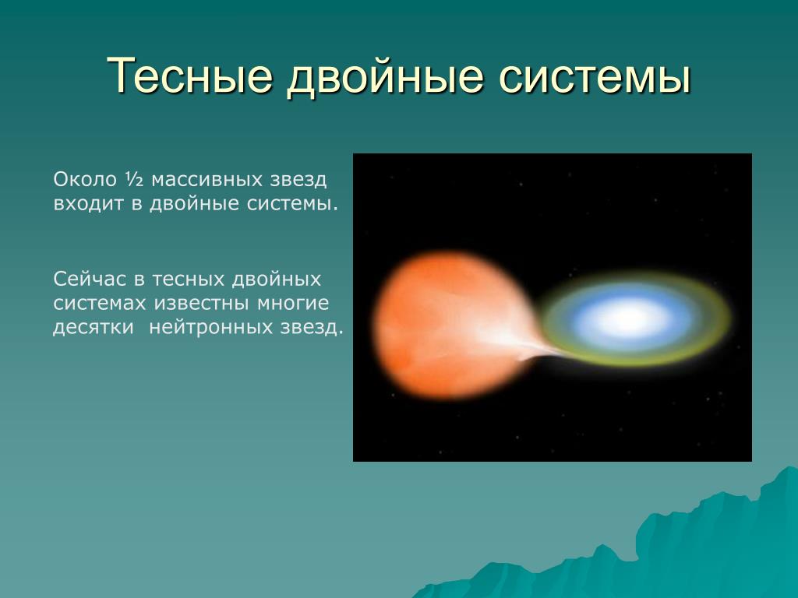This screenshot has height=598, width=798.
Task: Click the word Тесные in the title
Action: coord(189,76)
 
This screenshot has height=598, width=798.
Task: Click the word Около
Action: coord(85,180)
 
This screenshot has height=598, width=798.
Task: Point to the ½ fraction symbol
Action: coord(134,179)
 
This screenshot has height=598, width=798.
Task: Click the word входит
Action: coord(89,204)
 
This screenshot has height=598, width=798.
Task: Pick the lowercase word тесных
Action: coord(188,280)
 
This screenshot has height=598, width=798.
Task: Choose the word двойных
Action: coord(277,280)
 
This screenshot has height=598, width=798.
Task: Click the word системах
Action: coord(100,304)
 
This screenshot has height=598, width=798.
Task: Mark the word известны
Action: coord(202,304)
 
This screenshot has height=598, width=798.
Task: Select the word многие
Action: coord(293,304)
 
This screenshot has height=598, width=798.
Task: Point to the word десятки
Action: coord(94,328)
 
